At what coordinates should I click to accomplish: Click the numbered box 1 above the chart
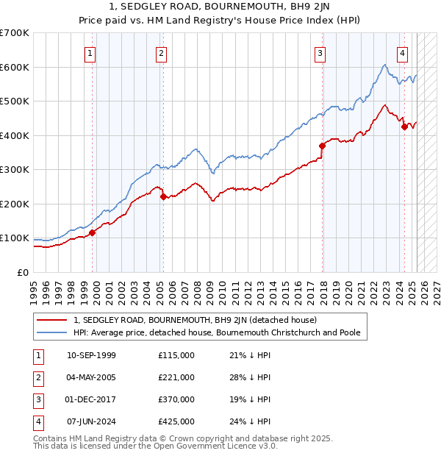[x=89, y=52]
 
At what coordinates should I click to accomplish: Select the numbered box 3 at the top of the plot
[x=320, y=52]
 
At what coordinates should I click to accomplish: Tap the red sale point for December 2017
[x=322, y=146]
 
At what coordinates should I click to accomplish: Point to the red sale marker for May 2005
[x=163, y=196]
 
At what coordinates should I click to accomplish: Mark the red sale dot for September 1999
[x=93, y=233]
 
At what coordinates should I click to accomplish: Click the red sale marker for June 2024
[x=404, y=127]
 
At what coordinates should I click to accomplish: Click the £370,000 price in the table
[x=176, y=399]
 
